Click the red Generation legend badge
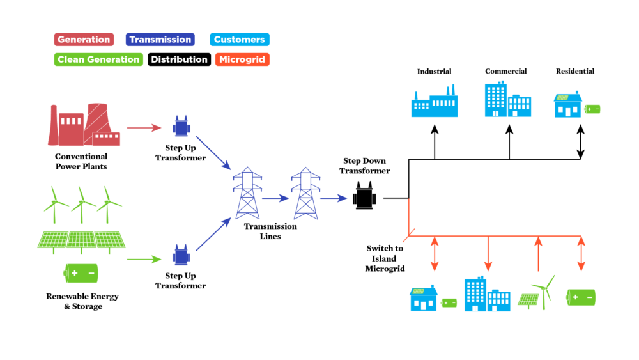pyautogui.click(x=84, y=40)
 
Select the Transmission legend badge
pyautogui.click(x=160, y=40)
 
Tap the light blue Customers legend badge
pyautogui.click(x=239, y=40)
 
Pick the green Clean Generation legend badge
pyautogui.click(x=98, y=59)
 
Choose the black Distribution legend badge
pyautogui.click(x=179, y=59)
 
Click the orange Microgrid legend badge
pyautogui.click(x=242, y=59)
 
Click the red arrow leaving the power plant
pyautogui.click(x=144, y=128)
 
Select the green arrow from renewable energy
pyautogui.click(x=144, y=260)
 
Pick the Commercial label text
pyautogui.click(x=505, y=71)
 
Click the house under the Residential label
pyautogui.click(x=567, y=106)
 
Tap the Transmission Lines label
pyautogui.click(x=270, y=231)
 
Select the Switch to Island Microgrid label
pyautogui.click(x=385, y=258)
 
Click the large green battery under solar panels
pyautogui.click(x=81, y=273)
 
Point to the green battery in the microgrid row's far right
pyautogui.click(x=581, y=297)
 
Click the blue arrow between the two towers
pyautogui.click(x=275, y=198)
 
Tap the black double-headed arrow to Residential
pyautogui.click(x=580, y=142)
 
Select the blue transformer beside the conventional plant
pyautogui.click(x=181, y=127)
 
